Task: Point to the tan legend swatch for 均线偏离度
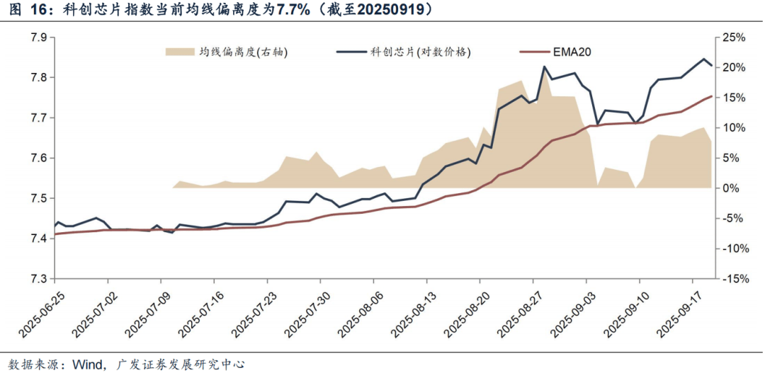(x=180, y=52)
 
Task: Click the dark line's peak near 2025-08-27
(x=544, y=67)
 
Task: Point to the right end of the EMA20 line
(x=711, y=96)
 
